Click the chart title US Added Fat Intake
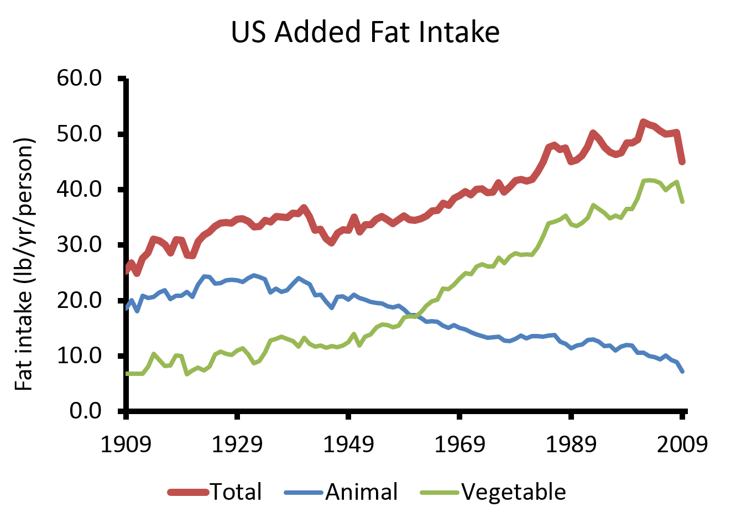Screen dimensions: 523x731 [365, 32]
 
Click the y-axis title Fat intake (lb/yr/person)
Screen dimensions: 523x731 [24, 264]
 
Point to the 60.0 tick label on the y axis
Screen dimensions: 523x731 [79, 78]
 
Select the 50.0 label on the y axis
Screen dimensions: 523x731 [79, 134]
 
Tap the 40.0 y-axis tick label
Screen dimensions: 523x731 [79, 189]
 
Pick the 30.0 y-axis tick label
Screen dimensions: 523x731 [79, 244]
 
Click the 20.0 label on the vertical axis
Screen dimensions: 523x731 [79, 300]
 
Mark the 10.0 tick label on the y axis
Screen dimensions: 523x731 [79, 355]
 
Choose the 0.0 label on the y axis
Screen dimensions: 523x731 [86, 410]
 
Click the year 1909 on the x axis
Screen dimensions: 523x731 [126, 444]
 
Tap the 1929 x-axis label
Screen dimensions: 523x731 [237, 444]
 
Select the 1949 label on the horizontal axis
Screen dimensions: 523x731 [348, 444]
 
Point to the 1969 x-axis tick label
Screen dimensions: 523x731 [460, 444]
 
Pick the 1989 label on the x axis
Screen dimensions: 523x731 [571, 444]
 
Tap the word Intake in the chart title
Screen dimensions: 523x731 [459, 32]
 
